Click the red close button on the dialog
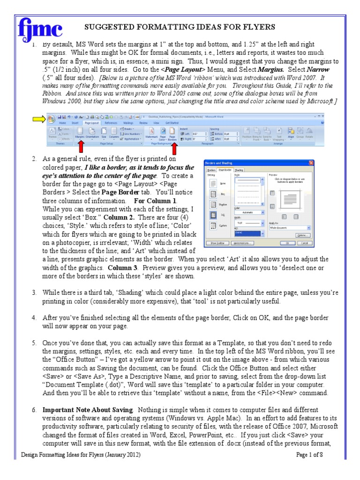click(x=311, y=163)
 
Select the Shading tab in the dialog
click(x=239, y=170)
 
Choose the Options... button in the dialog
click(x=302, y=235)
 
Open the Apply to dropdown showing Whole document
click(x=289, y=228)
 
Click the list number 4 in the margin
click(x=34, y=318)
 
